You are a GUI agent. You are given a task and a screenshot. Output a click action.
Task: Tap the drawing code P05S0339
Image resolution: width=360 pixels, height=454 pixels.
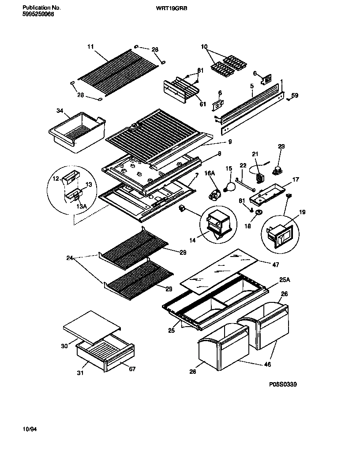coord(283,384)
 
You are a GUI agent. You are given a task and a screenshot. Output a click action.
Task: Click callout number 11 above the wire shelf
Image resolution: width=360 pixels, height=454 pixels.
coord(90,46)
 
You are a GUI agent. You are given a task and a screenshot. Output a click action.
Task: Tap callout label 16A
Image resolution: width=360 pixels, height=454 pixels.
coord(210,174)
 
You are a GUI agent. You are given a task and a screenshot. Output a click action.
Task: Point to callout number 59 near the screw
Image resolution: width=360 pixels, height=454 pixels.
coord(295,95)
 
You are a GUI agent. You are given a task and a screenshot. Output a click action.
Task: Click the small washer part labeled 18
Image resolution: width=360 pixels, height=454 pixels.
coord(258,213)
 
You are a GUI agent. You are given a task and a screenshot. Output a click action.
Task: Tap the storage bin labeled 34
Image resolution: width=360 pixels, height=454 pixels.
coord(77,132)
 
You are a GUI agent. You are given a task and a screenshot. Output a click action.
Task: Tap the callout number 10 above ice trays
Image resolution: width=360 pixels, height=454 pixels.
coord(204,47)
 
